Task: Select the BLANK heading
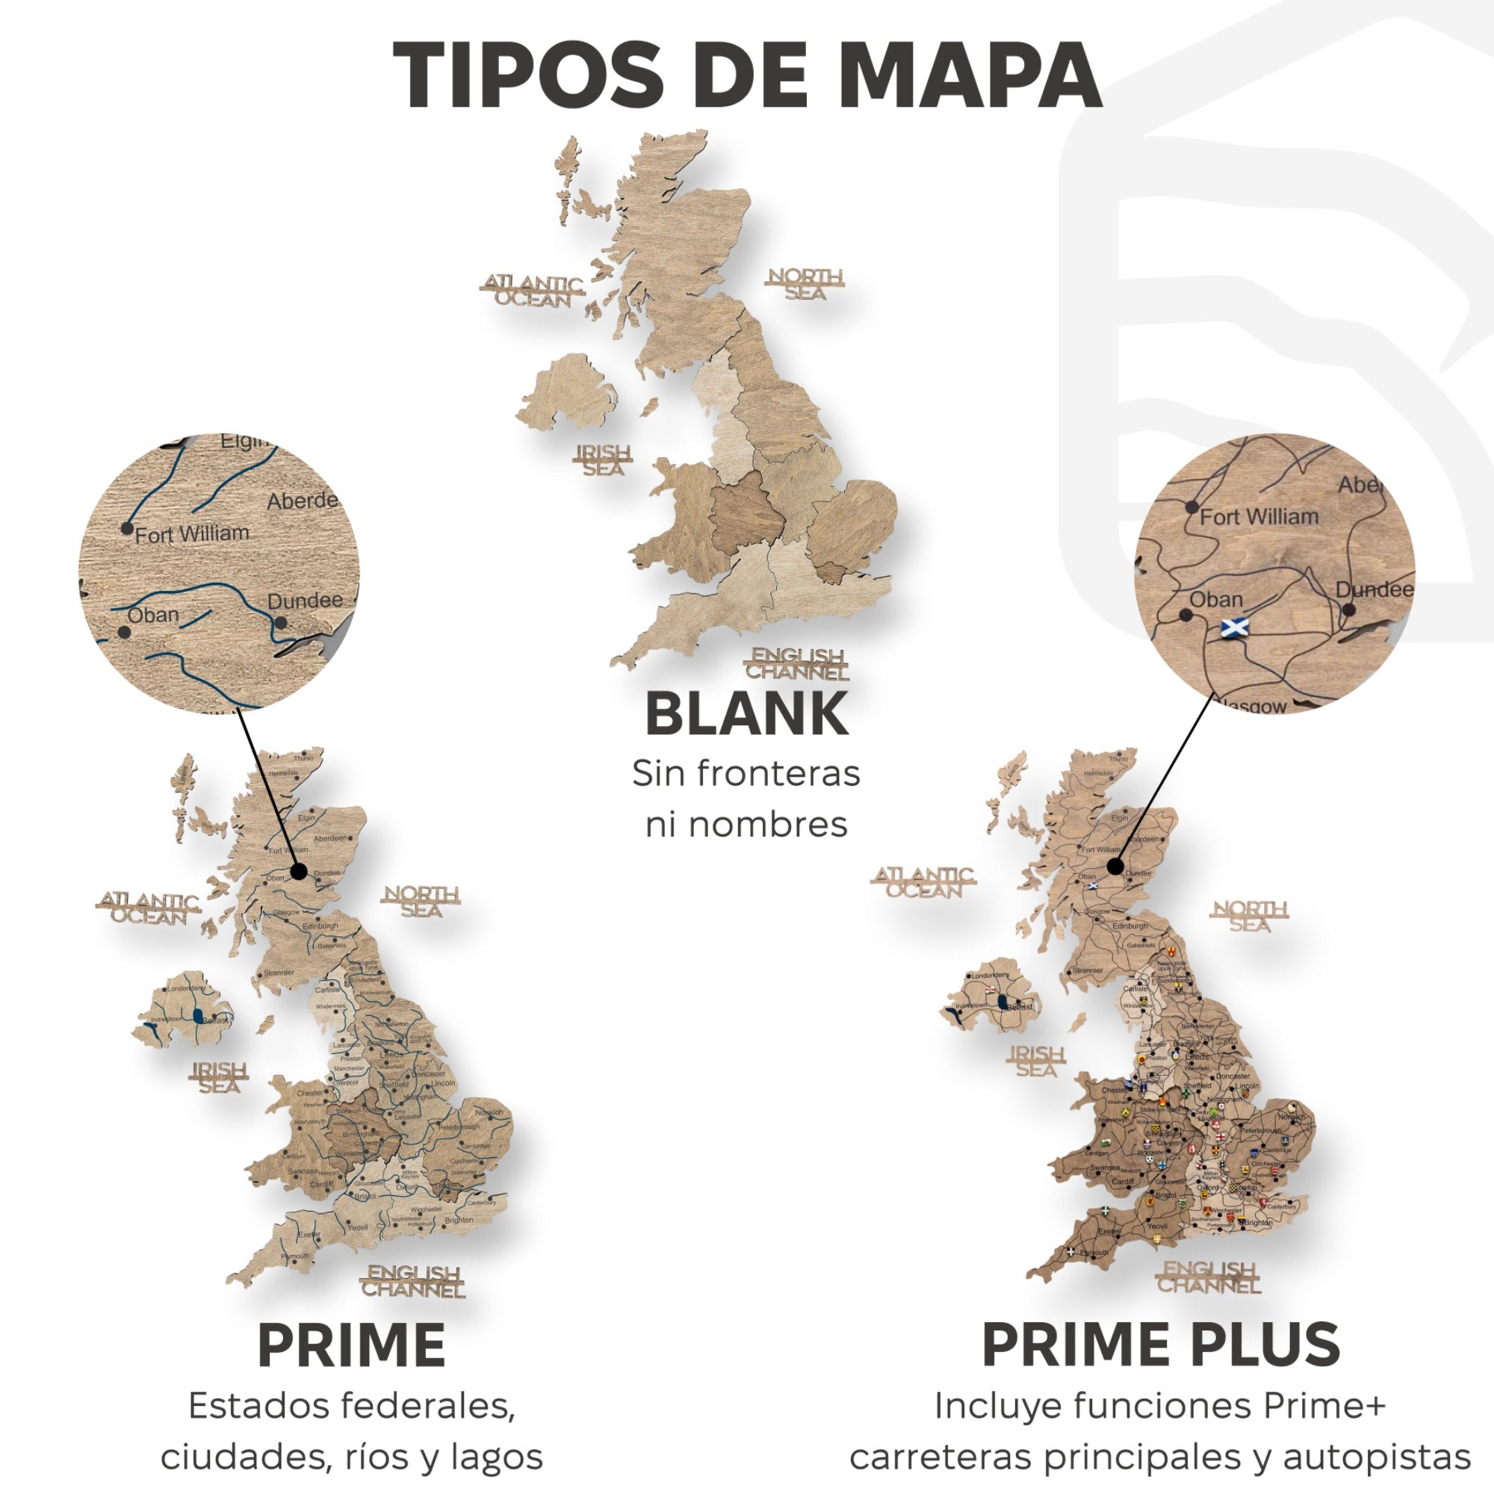pos(746,713)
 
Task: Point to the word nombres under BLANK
pos(746,825)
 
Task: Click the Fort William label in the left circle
pos(192,533)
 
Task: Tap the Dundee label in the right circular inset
pos(1374,590)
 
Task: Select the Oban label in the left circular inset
pos(153,616)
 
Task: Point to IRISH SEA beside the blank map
pos(603,459)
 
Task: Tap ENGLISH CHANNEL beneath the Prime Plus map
pos(1209,1277)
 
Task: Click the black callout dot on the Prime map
pos(300,872)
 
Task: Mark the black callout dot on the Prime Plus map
pos(1115,867)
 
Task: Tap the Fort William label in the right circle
pos(1258,517)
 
